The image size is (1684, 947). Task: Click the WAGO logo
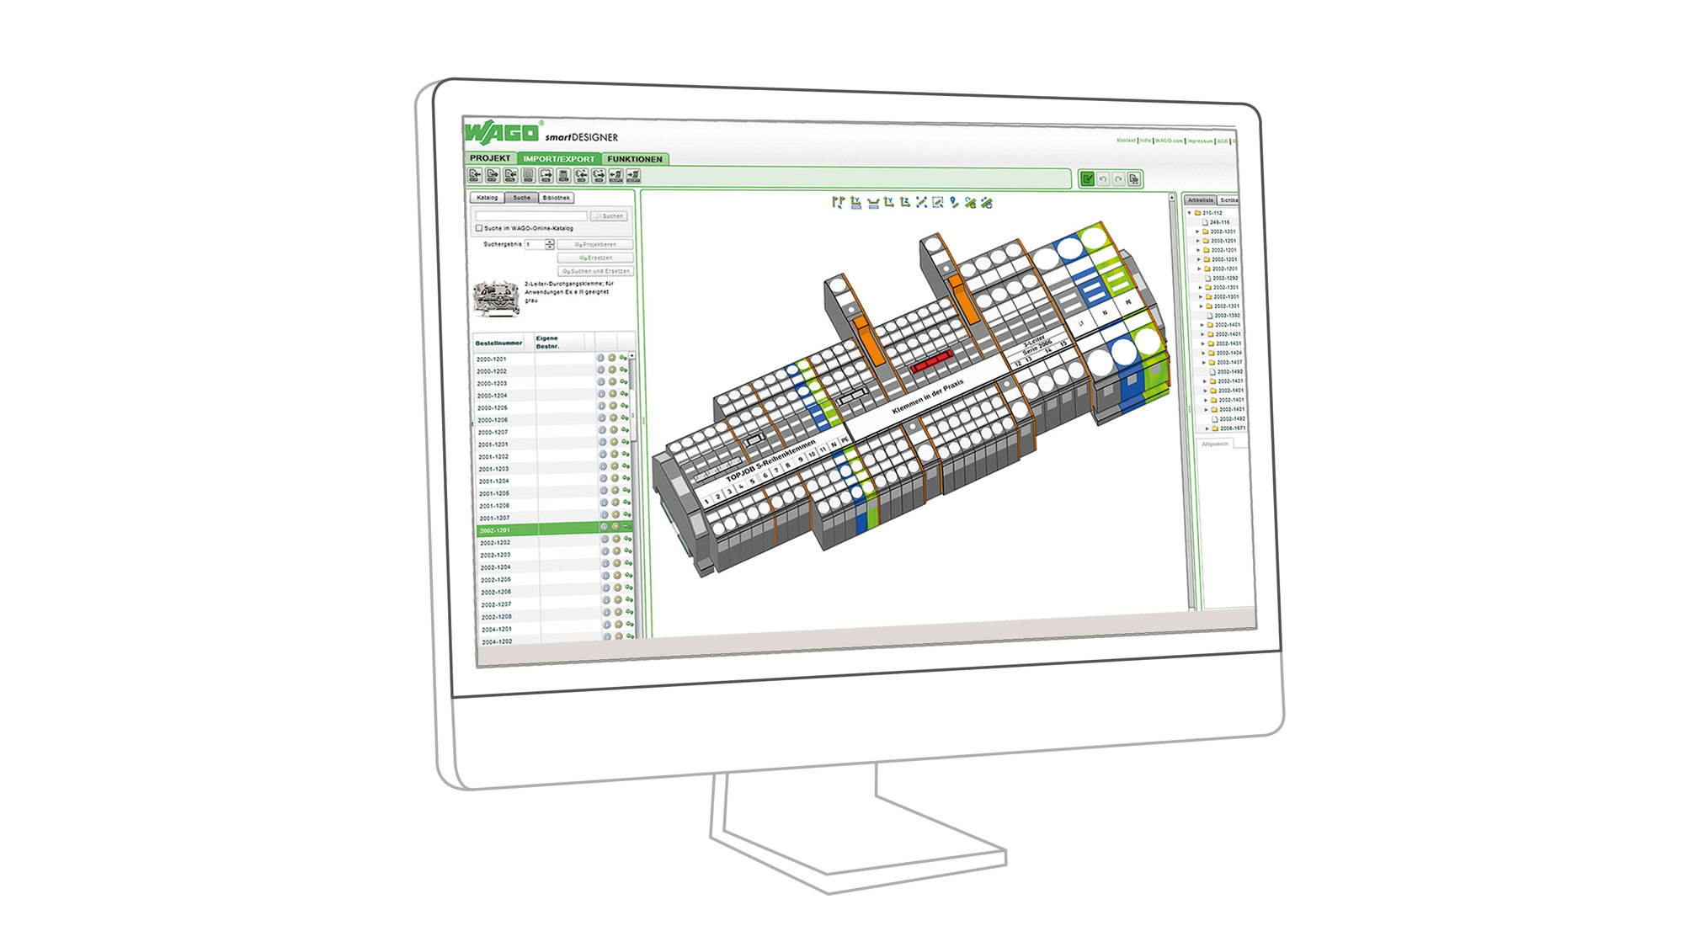[502, 132]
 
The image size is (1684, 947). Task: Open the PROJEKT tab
[490, 158]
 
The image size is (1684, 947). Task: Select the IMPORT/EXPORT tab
[558, 159]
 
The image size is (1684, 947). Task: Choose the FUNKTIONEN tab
[635, 159]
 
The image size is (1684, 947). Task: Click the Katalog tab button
[488, 198]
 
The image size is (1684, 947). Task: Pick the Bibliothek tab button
[556, 198]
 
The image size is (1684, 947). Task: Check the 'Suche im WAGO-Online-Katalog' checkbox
[479, 228]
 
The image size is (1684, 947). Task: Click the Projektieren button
[595, 245]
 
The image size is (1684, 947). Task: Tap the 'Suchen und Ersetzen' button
[595, 271]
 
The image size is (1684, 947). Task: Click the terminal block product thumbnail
[496, 299]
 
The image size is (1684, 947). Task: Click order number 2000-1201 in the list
[492, 359]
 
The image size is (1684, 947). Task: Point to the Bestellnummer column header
[498, 343]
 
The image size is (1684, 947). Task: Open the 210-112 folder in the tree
[1211, 213]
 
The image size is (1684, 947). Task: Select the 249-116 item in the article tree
[1219, 222]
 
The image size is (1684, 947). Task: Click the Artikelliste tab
[1201, 200]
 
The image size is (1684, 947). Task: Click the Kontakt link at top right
[1126, 141]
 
